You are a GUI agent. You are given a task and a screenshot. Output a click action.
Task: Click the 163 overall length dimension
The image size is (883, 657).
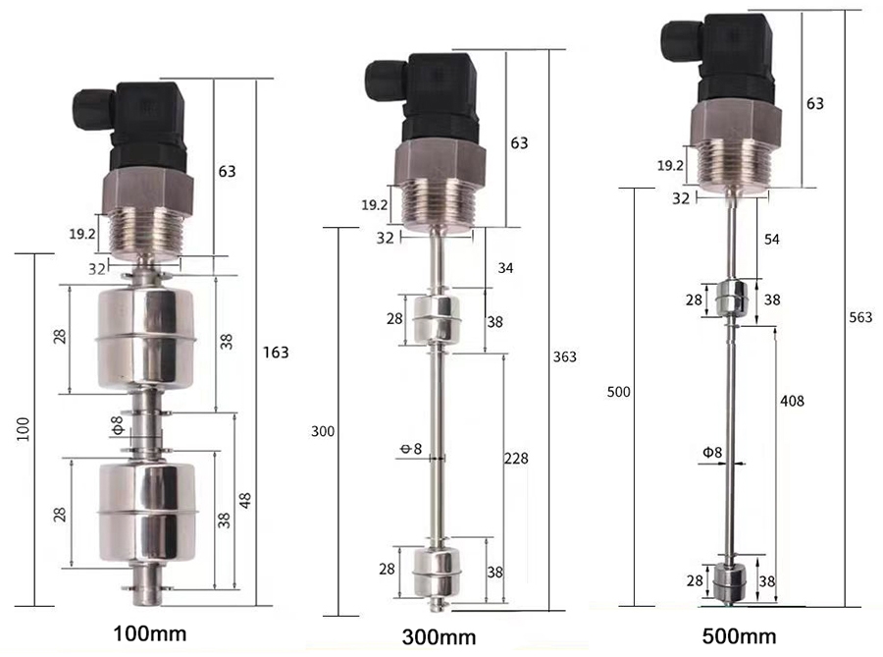coord(276,352)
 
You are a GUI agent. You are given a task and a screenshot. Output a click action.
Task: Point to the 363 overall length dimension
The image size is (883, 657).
coord(565,356)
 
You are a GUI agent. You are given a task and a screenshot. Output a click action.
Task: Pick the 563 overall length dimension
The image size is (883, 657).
coord(862,317)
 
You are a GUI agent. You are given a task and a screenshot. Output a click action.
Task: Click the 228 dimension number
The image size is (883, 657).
coord(516,458)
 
